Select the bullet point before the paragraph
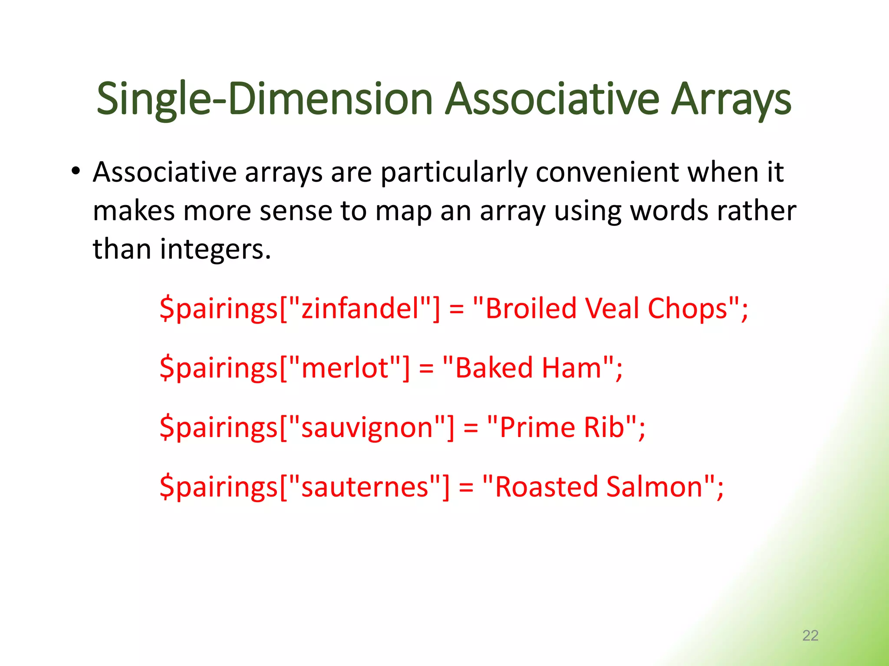[x=76, y=171]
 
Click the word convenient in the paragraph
[x=607, y=172]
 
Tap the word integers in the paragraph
[x=215, y=250]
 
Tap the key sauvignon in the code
[x=367, y=428]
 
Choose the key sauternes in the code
[x=365, y=486]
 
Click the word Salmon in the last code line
[x=654, y=486]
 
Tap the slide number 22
[x=810, y=635]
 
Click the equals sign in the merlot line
[x=426, y=369]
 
